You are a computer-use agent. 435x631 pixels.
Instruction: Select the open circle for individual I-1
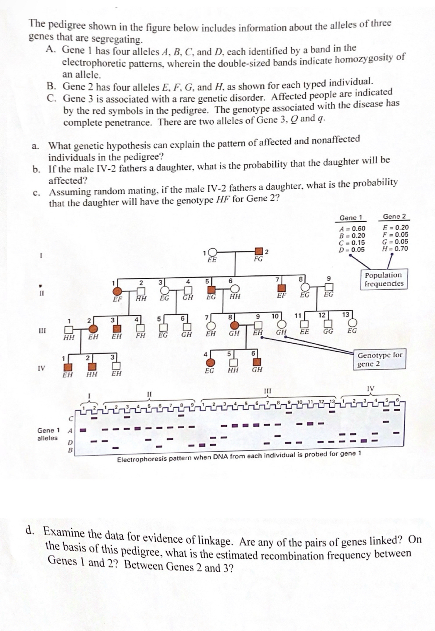pos(212,252)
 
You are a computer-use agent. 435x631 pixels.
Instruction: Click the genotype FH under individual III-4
pos(140,335)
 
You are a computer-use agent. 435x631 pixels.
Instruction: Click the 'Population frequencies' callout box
pos(384,279)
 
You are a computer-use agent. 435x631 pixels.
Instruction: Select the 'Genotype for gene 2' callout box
pos(379,359)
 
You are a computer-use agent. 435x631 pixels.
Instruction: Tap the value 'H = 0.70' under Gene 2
pos(395,249)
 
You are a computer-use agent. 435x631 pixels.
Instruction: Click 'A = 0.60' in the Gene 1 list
pos(352,228)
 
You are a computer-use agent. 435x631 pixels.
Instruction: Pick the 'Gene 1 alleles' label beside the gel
pos(48,434)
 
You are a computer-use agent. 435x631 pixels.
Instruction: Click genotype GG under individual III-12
pos(328,331)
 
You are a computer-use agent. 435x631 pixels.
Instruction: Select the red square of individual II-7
pos(282,288)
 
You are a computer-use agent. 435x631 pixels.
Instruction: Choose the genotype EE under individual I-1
pos(212,260)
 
